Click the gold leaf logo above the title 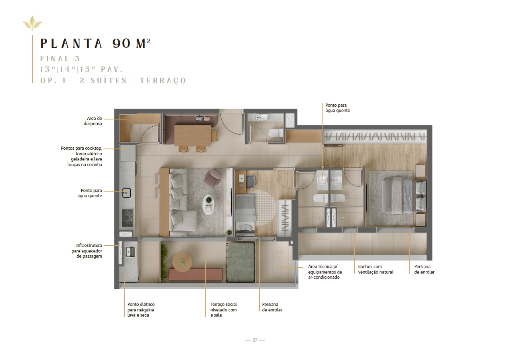32,23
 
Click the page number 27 255,340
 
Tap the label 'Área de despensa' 92,121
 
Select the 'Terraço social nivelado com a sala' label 224,310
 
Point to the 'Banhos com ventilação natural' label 376,269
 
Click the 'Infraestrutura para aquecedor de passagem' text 86,250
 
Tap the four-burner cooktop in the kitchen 128,218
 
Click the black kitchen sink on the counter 126,193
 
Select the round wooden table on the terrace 182,262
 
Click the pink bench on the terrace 195,274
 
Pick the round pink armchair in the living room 212,178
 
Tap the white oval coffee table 208,205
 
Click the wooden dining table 192,135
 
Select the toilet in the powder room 275,133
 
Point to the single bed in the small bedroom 245,214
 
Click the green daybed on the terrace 241,262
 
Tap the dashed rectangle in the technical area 278,265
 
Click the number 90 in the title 122,43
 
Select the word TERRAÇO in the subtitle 163,80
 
